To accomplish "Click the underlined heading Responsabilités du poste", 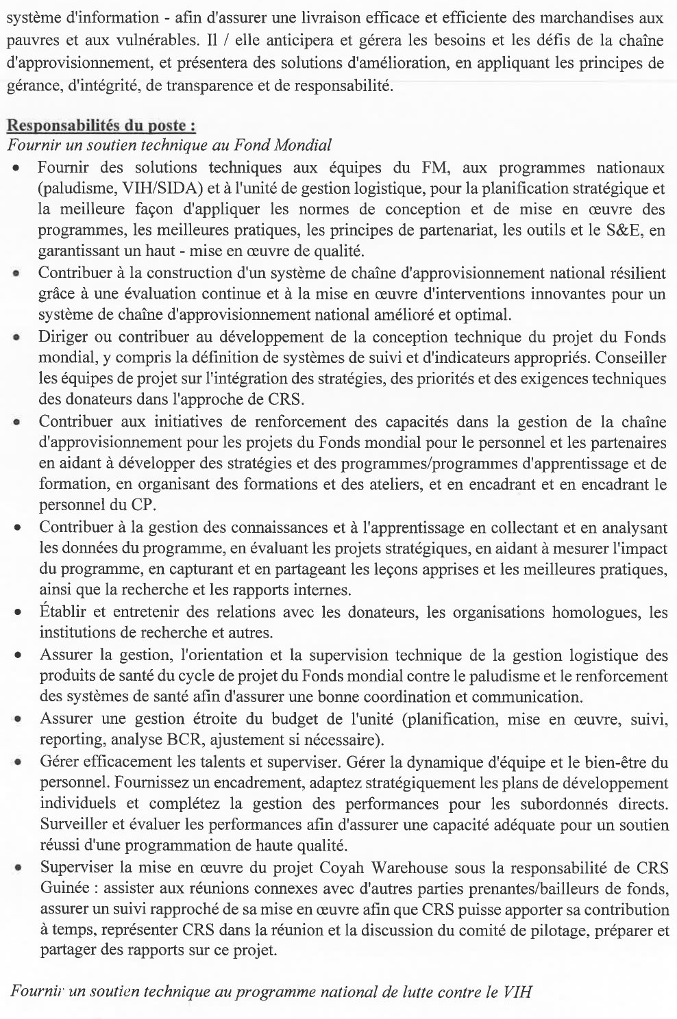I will pos(101,127).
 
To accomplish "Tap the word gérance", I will pos(30,86).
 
